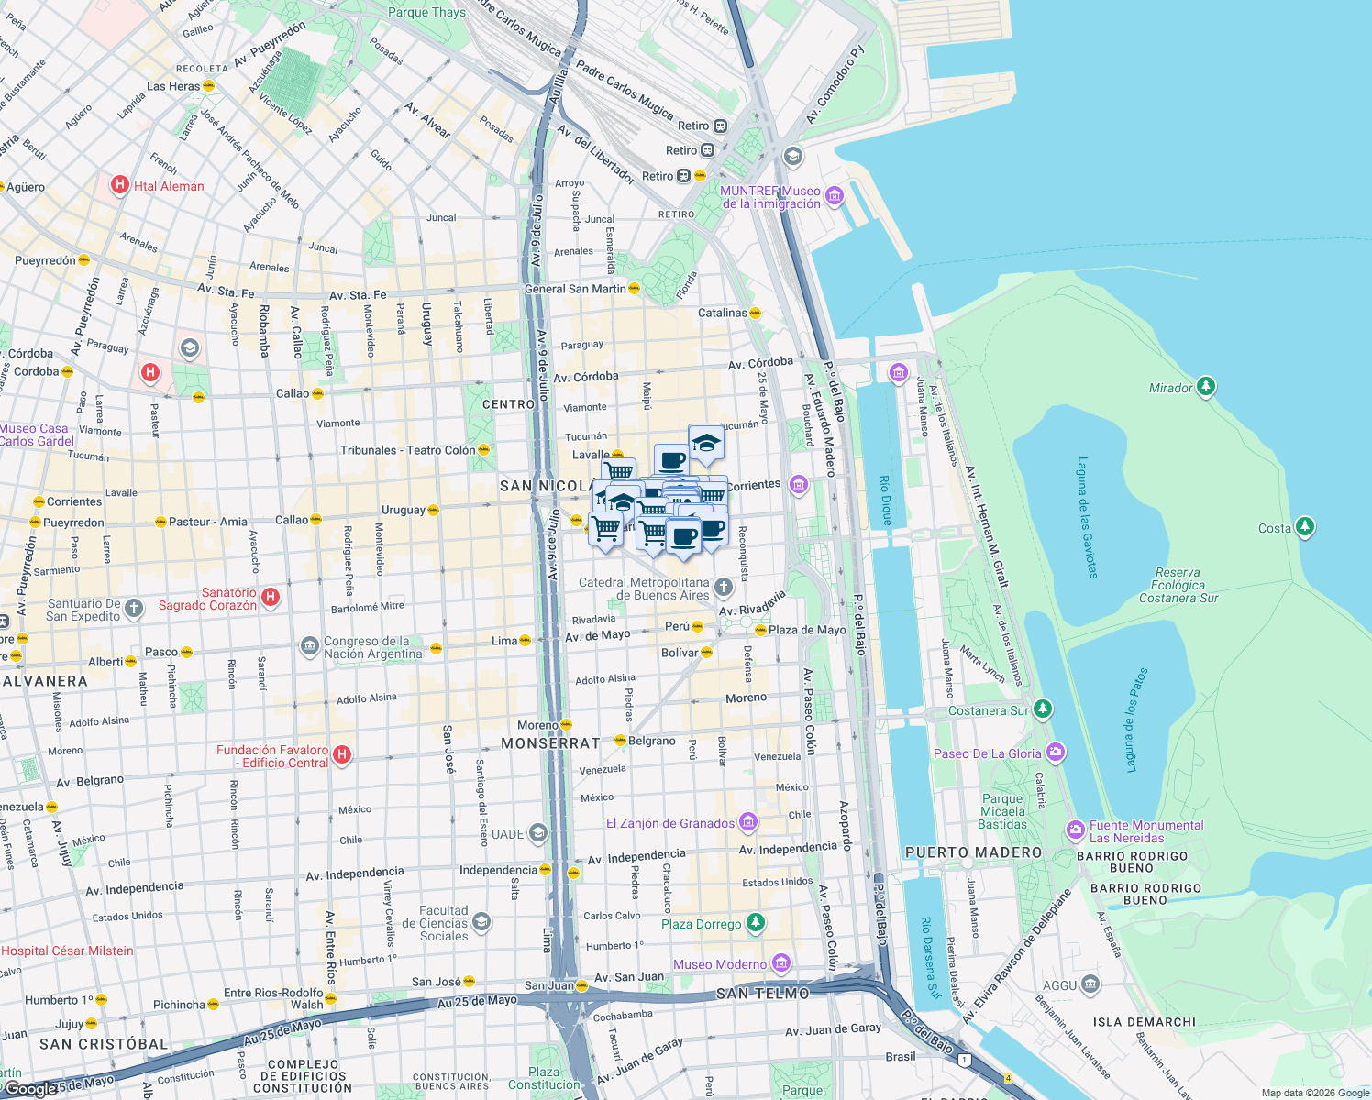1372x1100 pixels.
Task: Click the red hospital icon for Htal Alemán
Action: coord(119,185)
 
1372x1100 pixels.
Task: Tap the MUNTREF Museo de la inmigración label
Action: coord(770,197)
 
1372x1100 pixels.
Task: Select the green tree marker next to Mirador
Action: coord(1206,387)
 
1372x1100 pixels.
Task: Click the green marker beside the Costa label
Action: coord(1304,527)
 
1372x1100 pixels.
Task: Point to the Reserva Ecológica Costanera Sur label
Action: coord(1178,585)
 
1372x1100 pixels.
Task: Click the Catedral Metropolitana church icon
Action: coord(724,587)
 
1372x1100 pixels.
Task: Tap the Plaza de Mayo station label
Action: coord(807,630)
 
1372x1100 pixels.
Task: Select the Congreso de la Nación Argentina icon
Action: coord(309,646)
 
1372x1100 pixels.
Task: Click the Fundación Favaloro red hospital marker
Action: coord(342,754)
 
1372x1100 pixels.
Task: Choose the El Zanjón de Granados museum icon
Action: coord(747,822)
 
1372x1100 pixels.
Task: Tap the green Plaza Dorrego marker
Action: coord(755,922)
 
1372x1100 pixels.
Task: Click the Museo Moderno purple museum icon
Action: coord(780,962)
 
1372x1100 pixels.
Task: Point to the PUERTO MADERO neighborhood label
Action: coord(973,852)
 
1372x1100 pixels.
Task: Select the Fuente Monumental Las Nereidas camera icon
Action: coord(1075,830)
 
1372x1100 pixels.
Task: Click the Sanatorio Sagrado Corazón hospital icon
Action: coord(271,598)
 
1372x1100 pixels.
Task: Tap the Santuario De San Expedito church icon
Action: coord(134,608)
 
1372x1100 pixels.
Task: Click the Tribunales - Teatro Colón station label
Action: coord(408,450)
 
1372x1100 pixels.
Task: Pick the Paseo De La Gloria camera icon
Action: coord(1055,753)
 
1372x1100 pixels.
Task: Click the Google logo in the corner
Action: coord(31,1088)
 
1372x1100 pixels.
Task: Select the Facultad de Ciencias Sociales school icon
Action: coord(481,921)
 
